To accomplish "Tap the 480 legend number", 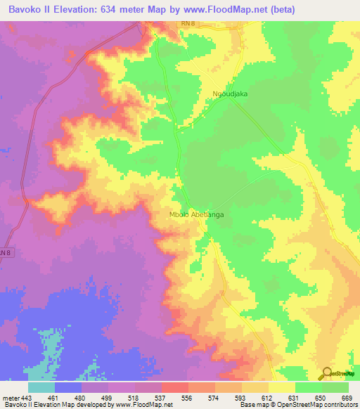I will click(x=82, y=397).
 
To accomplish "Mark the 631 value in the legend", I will click(x=294, y=397).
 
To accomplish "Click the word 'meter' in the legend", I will click(x=11, y=397).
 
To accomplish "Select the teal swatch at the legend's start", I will click(x=41, y=387).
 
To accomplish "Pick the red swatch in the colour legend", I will click(x=175, y=387).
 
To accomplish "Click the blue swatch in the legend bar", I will click(x=68, y=387).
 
